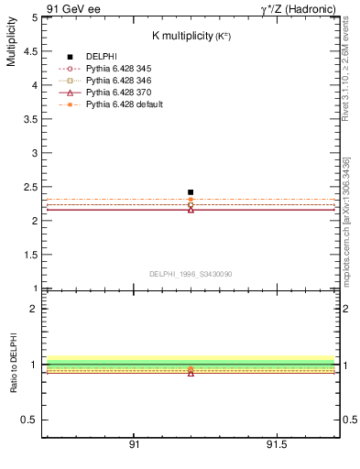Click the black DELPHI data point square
tap(191, 192)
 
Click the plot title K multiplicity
tap(191, 35)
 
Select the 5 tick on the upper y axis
tap(33, 17)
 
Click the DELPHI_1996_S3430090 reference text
tap(191, 274)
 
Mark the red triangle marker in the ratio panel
tap(191, 373)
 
